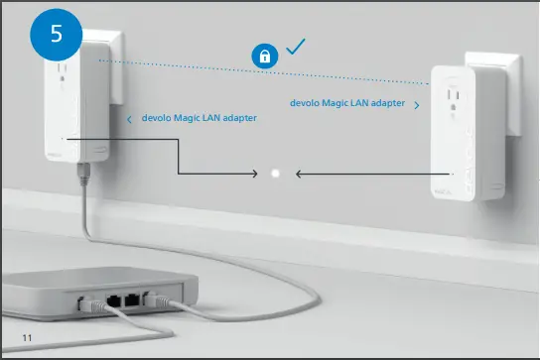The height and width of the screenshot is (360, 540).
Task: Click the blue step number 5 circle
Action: pyautogui.click(x=56, y=33)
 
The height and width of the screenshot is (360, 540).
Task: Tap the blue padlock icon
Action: pyautogui.click(x=264, y=57)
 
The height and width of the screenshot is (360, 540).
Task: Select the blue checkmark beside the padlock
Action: pyautogui.click(x=294, y=46)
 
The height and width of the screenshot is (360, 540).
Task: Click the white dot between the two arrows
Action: pyautogui.click(x=276, y=174)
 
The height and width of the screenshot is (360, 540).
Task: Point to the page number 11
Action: pyautogui.click(x=27, y=339)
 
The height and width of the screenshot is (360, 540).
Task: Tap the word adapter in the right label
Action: pyautogui.click(x=387, y=102)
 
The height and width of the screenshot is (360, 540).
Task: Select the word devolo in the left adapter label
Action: pyautogui.click(x=156, y=118)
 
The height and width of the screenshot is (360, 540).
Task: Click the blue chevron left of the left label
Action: pyautogui.click(x=130, y=119)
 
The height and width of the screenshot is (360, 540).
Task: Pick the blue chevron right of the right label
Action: pyautogui.click(x=416, y=104)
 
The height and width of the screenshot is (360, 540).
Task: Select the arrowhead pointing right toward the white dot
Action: pyautogui.click(x=253, y=174)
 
